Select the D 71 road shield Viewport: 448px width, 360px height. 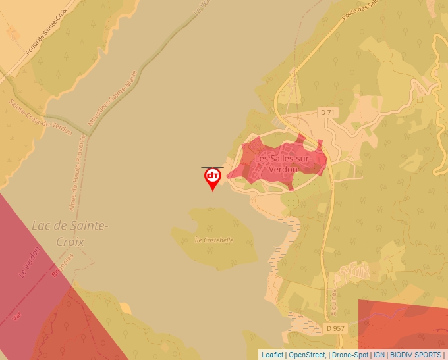pos(327,113)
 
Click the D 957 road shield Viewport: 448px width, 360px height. pos(335,328)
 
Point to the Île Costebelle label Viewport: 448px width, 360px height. pos(214,240)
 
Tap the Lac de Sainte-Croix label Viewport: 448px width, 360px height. pos(69,233)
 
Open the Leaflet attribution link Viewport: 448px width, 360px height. pos(272,355)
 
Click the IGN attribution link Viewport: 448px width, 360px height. pos(379,355)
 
